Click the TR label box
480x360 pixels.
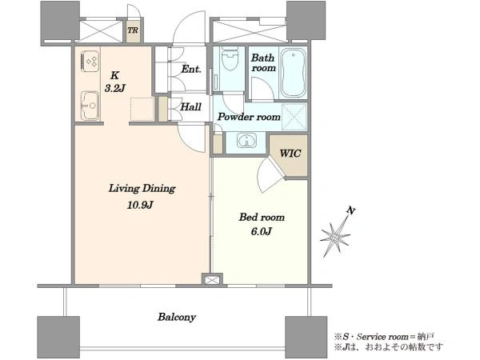tap(133, 30)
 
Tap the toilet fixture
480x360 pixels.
tap(230, 58)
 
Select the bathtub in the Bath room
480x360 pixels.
tap(294, 73)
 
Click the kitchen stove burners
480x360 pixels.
tap(91, 62)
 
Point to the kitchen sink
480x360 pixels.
tap(90, 106)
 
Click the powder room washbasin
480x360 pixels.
tap(246, 141)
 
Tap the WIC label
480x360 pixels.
tap(290, 153)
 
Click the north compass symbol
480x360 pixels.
tap(336, 236)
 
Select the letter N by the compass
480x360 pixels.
tap(351, 210)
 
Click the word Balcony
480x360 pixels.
tap(177, 317)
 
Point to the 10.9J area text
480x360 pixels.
tap(139, 205)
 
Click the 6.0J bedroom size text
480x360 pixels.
tap(261, 231)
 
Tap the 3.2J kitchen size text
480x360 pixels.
tap(114, 88)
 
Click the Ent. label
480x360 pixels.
tap(191, 69)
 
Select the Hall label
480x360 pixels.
tap(190, 107)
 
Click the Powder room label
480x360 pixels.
tap(249, 117)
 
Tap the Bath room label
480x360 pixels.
tap(263, 62)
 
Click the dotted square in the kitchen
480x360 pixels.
tap(142, 109)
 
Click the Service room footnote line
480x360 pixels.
tap(384, 337)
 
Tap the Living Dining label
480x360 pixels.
tap(142, 189)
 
